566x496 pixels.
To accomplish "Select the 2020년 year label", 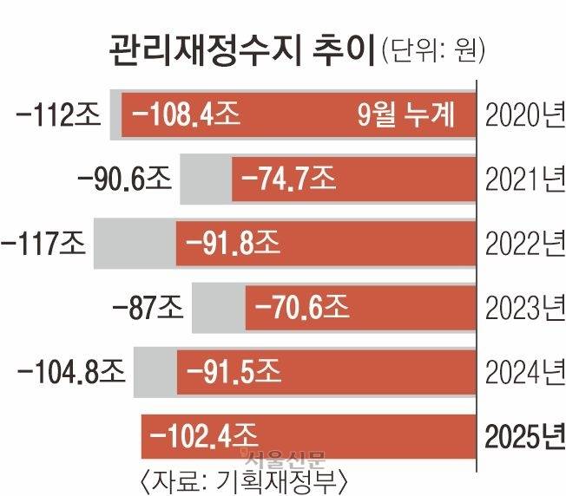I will (522, 114).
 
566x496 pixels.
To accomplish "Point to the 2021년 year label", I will (522, 180).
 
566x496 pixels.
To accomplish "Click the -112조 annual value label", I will (53, 114).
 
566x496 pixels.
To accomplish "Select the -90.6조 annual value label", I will (125, 180).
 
